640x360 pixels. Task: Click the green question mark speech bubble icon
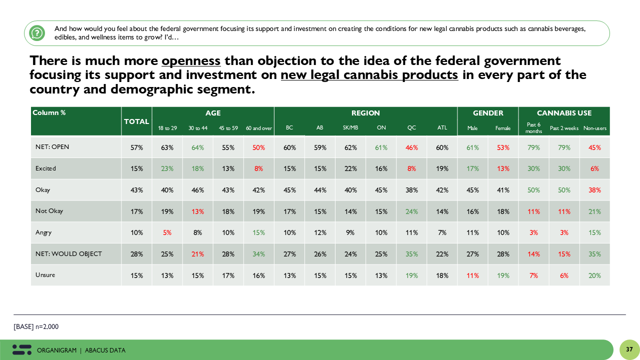pyautogui.click(x=37, y=33)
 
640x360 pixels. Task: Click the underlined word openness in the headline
pyautogui.click(x=191, y=61)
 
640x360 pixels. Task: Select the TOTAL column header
pyautogui.click(x=136, y=121)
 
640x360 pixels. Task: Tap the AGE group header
pyautogui.click(x=213, y=113)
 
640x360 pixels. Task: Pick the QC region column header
pyautogui.click(x=411, y=128)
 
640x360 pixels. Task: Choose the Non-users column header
pyautogui.click(x=594, y=128)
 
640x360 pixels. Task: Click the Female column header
pyautogui.click(x=503, y=128)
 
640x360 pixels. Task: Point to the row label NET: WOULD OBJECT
pyautogui.click(x=68, y=254)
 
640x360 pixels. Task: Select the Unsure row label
pyautogui.click(x=45, y=275)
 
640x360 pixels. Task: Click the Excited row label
pyautogui.click(x=46, y=168)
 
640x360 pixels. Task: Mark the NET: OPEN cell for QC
pyautogui.click(x=411, y=147)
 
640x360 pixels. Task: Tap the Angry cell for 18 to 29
pyautogui.click(x=167, y=232)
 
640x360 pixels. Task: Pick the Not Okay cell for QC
pyautogui.click(x=411, y=211)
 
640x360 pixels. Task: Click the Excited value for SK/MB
pyautogui.click(x=350, y=169)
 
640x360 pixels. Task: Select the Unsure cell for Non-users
pyautogui.click(x=594, y=275)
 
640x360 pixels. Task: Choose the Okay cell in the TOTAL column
pyautogui.click(x=136, y=190)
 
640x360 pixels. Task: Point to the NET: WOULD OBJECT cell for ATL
pyautogui.click(x=442, y=254)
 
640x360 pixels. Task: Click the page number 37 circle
pyautogui.click(x=629, y=349)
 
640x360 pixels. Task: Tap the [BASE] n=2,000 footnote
pyautogui.click(x=36, y=326)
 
